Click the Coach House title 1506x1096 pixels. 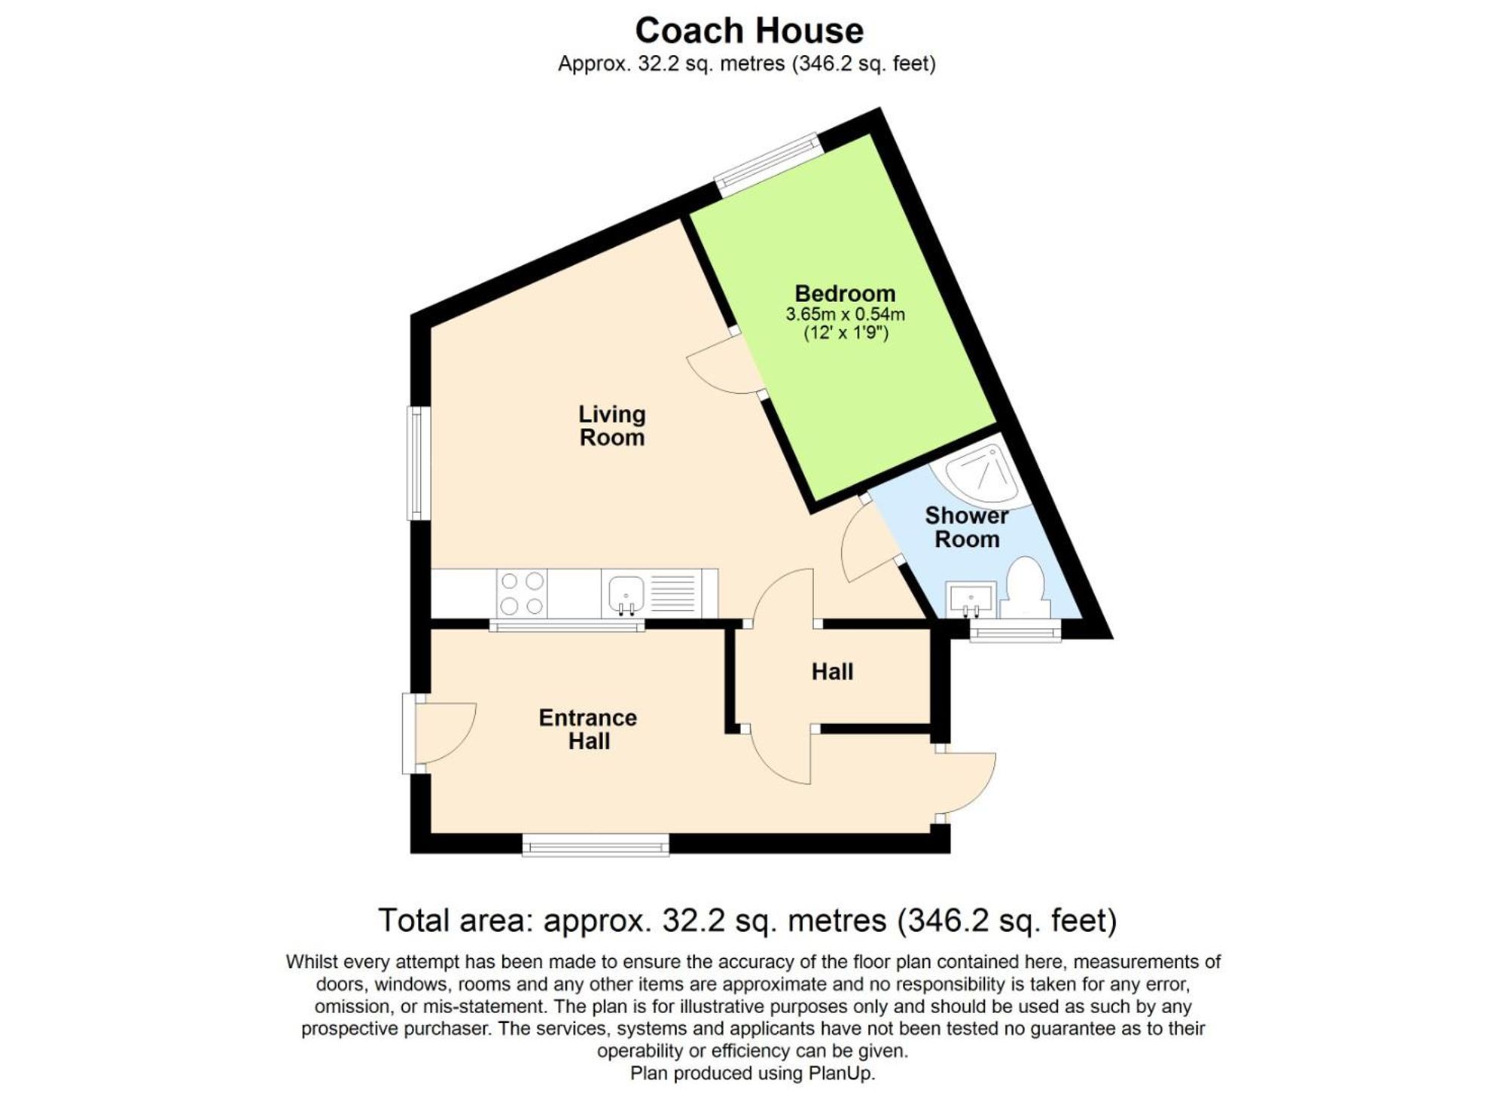749,32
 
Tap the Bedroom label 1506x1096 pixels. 845,293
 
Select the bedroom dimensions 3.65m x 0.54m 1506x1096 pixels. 845,314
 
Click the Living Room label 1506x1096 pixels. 611,426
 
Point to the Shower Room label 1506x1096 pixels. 967,527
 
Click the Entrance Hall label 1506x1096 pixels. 588,728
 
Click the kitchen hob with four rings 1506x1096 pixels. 522,594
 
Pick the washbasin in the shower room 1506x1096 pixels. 972,600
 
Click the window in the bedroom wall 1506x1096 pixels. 767,164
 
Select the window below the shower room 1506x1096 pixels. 1015,630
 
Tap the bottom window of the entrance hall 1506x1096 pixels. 596,844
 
